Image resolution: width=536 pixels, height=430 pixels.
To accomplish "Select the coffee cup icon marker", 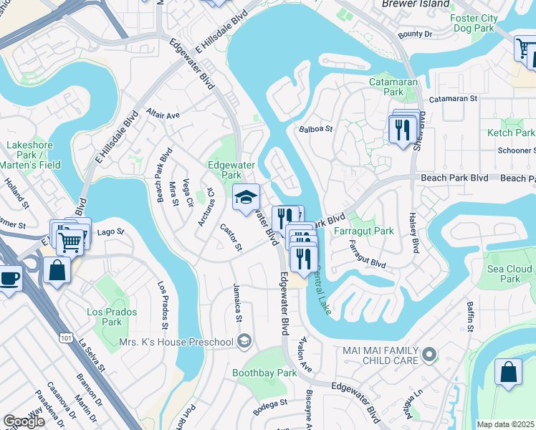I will click(x=9, y=277).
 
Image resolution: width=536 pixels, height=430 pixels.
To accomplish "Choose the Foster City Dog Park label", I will click(x=472, y=23).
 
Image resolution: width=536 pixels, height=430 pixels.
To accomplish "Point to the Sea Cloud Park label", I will click(x=509, y=274).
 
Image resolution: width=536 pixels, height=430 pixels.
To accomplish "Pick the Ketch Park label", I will click(x=511, y=133).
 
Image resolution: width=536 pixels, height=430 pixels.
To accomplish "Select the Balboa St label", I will click(x=316, y=129).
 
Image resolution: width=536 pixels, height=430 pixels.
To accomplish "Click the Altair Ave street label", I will click(x=163, y=113).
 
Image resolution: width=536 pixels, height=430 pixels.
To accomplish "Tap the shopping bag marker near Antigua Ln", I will click(x=508, y=373).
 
